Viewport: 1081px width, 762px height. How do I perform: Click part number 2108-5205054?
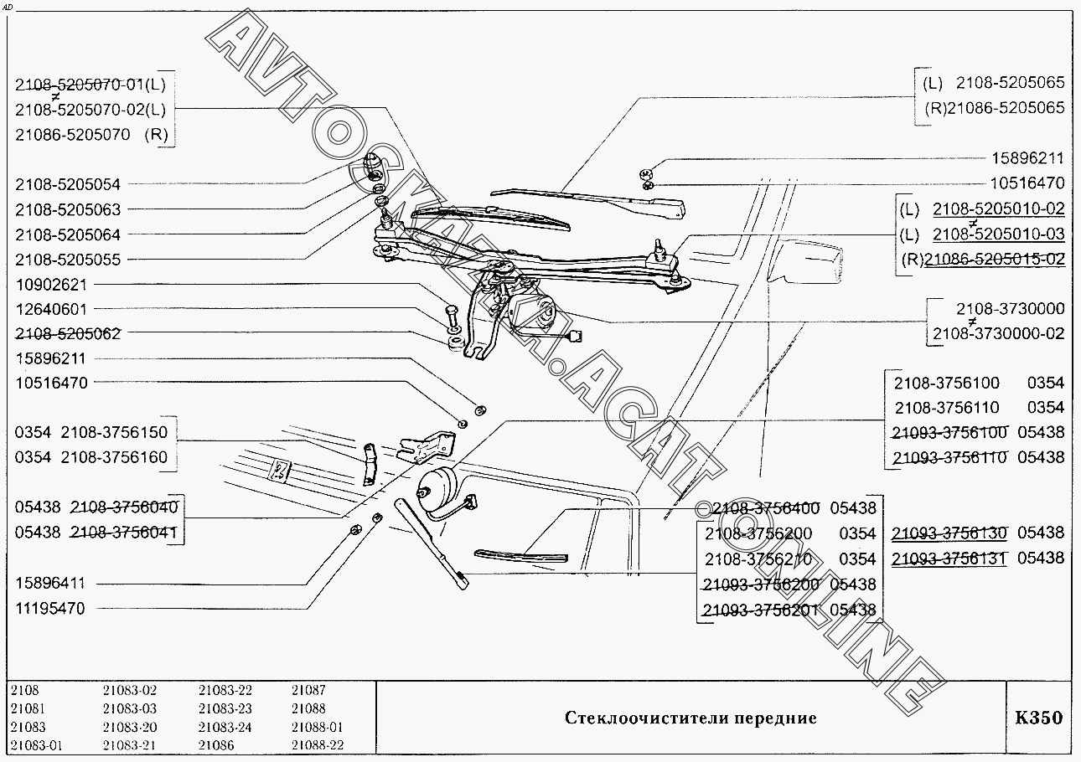point(68,184)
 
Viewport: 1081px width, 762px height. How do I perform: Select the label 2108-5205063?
point(68,209)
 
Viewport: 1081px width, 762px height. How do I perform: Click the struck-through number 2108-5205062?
point(68,333)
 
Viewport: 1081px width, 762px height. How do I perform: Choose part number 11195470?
point(50,609)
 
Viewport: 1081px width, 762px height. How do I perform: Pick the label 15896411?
point(50,584)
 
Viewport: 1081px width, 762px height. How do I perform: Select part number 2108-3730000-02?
point(999,333)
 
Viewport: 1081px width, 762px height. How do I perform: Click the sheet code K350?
point(1038,718)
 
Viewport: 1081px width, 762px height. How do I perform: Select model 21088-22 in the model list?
point(318,745)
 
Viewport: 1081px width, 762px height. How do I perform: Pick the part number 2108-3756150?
point(115,433)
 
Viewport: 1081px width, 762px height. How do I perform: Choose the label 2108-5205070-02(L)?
point(91,109)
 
